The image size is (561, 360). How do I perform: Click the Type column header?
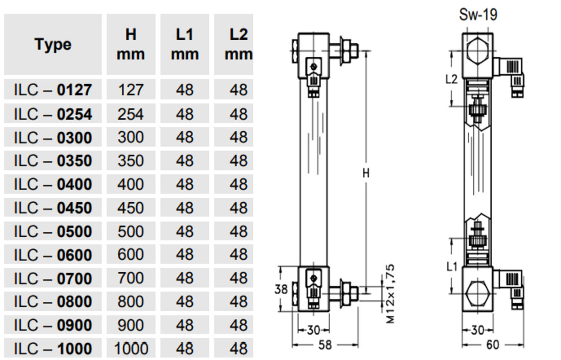(53, 45)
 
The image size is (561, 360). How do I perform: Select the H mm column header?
(131, 45)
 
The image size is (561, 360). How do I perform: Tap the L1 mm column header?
(184, 45)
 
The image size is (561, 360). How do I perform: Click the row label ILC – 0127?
(53, 90)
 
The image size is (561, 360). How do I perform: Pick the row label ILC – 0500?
(53, 231)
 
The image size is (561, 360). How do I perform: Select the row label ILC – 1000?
(53, 349)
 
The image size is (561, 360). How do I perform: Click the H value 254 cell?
(131, 114)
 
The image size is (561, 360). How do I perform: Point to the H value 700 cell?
(131, 278)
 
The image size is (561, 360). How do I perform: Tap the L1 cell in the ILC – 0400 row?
(184, 184)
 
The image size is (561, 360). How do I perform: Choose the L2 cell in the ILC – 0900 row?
(238, 325)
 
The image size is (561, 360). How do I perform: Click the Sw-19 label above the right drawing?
(478, 15)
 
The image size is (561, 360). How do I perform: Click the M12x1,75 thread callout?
(390, 294)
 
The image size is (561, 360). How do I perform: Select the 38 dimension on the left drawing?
(281, 289)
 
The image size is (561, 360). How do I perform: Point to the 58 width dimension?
(325, 345)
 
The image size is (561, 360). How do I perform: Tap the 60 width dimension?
(493, 345)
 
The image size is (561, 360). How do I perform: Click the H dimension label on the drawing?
(366, 173)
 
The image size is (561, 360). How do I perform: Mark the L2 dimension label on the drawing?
(451, 79)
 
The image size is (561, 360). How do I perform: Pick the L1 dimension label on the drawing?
(452, 266)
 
